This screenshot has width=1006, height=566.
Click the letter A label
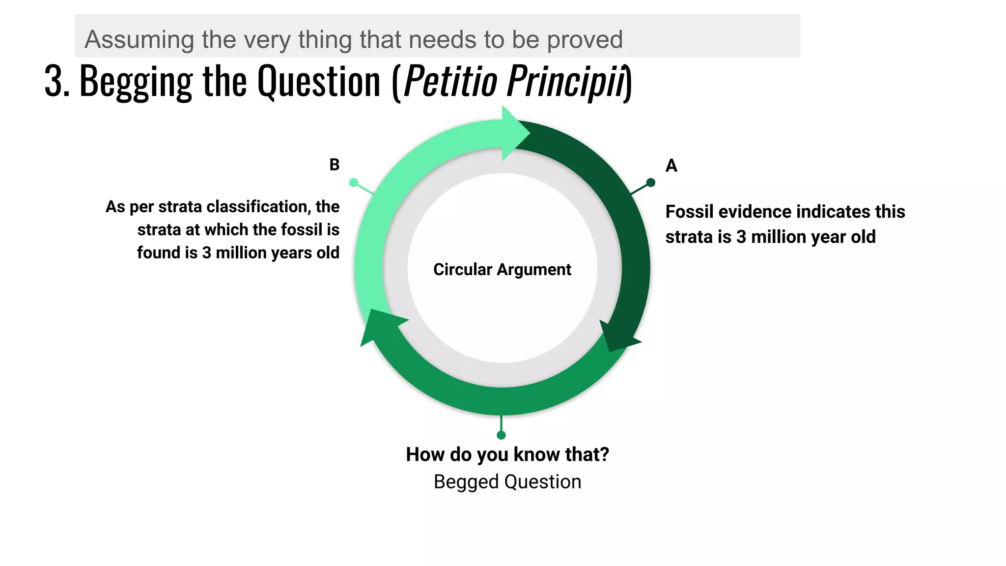pyautogui.click(x=671, y=166)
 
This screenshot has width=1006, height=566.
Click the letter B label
pyautogui.click(x=335, y=165)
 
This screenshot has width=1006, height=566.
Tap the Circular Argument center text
pyautogui.click(x=502, y=270)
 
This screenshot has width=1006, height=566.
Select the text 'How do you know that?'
pyautogui.click(x=507, y=454)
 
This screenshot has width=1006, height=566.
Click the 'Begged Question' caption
pyautogui.click(x=507, y=482)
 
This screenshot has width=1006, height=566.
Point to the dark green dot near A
pyautogui.click(x=651, y=183)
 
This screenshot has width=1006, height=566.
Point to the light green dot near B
pyautogui.click(x=353, y=183)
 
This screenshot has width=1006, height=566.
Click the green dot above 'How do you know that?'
pyautogui.click(x=501, y=435)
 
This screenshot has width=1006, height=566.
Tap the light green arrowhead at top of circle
pyautogui.click(x=514, y=133)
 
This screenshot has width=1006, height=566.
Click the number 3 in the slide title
pyautogui.click(x=54, y=81)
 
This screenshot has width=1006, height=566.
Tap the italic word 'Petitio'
pyautogui.click(x=450, y=81)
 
